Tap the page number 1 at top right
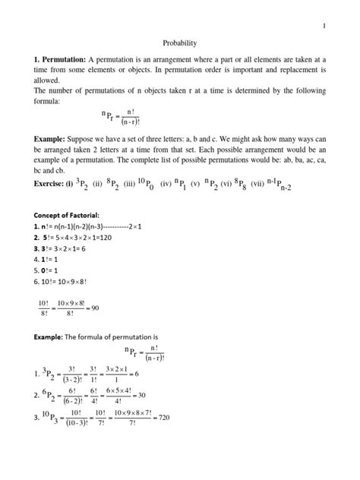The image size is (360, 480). click(324, 27)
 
